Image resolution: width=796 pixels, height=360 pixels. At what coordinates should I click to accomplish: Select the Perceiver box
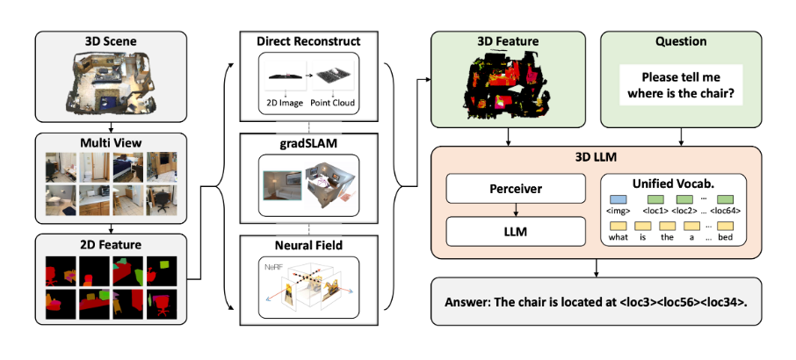click(x=515, y=188)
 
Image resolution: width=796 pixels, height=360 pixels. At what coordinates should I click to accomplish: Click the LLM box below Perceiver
click(x=515, y=231)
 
